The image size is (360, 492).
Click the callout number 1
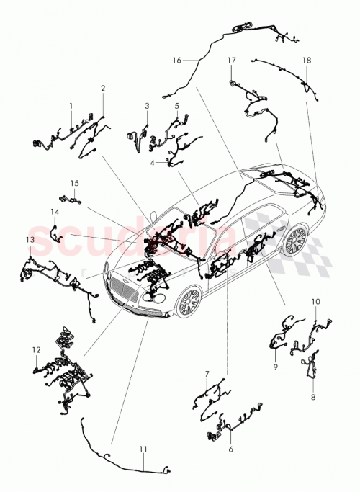71,106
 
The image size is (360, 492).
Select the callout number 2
103,89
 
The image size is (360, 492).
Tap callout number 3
147,106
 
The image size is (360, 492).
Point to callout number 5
176,106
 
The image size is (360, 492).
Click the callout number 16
177,60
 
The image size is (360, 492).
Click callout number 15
73,184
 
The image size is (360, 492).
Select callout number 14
54,211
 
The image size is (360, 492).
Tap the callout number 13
30,239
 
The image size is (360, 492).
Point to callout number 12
35,349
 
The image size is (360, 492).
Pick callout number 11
143,449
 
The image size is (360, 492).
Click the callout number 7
207,374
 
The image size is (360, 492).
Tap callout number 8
312,396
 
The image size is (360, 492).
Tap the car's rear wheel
295,241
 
